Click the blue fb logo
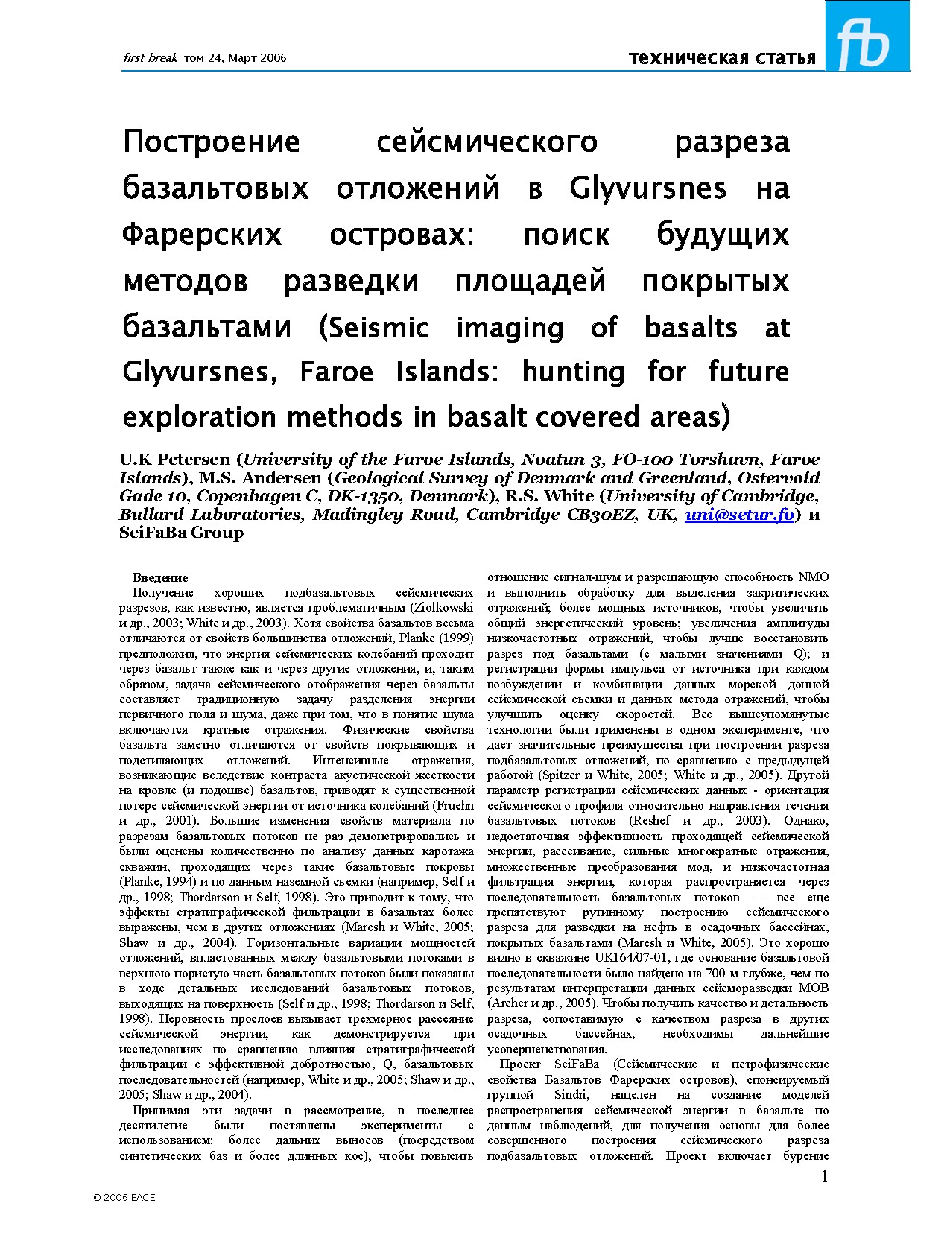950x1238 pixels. point(867,36)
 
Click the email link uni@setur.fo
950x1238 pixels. point(739,515)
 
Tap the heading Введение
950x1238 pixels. point(160,577)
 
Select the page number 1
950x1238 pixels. point(823,1176)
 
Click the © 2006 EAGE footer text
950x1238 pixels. point(124,1197)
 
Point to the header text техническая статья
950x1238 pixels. point(722,58)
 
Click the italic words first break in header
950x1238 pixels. point(150,58)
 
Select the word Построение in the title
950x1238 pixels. point(212,142)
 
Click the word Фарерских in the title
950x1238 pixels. point(202,235)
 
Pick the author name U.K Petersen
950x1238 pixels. point(175,460)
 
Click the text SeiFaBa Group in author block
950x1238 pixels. point(181,533)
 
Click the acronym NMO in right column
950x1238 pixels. point(814,577)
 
